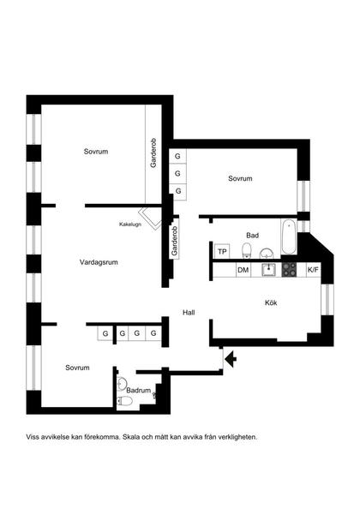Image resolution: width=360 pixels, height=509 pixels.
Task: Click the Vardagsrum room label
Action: [99, 262]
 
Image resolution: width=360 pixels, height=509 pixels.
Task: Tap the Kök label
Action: [271, 302]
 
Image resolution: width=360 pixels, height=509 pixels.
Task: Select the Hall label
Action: [189, 313]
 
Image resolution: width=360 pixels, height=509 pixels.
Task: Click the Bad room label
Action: [252, 235]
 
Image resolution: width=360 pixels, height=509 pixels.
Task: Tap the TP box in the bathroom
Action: [222, 251]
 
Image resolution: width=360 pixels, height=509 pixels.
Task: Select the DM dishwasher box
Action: [243, 271]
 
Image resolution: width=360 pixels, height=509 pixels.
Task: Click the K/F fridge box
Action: [313, 271]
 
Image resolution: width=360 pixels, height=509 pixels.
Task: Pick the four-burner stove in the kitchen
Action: [290, 270]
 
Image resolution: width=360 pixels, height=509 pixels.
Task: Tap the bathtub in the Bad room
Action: [289, 237]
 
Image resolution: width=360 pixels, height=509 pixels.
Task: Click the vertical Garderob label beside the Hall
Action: [174, 241]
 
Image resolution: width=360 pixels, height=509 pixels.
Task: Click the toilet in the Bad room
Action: [246, 250]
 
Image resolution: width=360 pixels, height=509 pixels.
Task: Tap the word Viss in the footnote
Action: [33, 436]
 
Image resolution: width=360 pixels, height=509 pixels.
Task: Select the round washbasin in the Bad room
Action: [266, 252]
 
